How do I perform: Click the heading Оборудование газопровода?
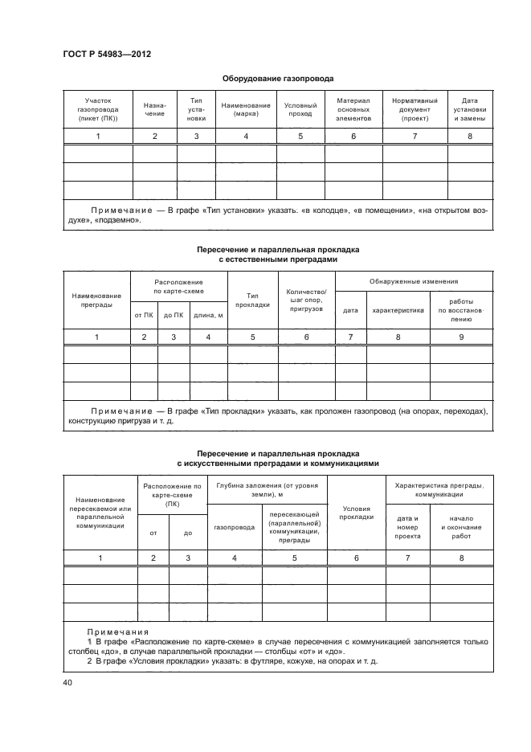pyautogui.click(x=277, y=79)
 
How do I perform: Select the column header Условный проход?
pyautogui.click(x=300, y=109)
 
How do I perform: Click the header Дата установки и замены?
pyautogui.click(x=470, y=109)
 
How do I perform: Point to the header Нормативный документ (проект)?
pyautogui.click(x=415, y=109)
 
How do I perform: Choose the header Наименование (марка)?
pyautogui.click(x=246, y=109)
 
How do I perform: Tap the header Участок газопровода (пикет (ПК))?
pyautogui.click(x=98, y=109)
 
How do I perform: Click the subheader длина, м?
pyautogui.click(x=208, y=315)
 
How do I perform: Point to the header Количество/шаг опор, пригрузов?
pyautogui.click(x=306, y=300)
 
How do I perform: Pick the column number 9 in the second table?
pyautogui.click(x=461, y=337)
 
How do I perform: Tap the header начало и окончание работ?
pyautogui.click(x=462, y=527)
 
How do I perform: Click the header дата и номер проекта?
pyautogui.click(x=407, y=527)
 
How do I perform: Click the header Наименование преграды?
pyautogui.click(x=96, y=300)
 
